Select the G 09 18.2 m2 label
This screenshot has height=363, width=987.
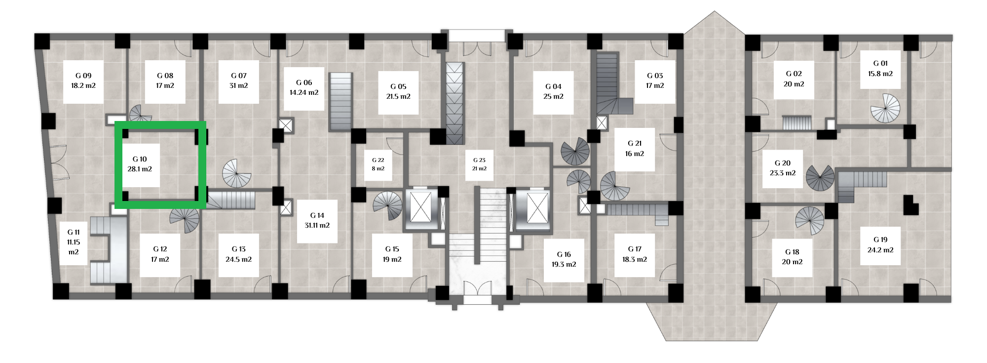pos(83,81)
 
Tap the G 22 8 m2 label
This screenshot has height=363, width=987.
pos(378,164)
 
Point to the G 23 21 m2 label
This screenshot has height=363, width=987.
pos(479,164)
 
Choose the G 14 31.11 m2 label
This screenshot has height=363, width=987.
pos(317,221)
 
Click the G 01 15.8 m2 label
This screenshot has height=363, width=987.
pos(880,69)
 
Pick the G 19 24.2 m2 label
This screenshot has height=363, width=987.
pos(880,245)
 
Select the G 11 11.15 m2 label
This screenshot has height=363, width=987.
pos(74,242)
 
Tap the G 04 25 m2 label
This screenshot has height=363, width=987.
pos(553,92)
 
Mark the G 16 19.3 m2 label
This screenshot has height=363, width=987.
pos(564,260)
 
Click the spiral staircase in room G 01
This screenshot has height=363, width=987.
pos(885,108)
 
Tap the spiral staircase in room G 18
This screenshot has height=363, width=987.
pos(810,221)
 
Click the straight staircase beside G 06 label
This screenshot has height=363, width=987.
pos(341,102)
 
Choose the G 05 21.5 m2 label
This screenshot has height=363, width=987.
pos(398,92)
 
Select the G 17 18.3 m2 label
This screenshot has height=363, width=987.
pos(635,255)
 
